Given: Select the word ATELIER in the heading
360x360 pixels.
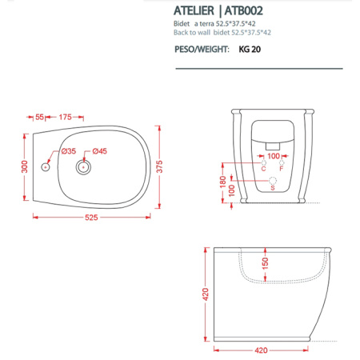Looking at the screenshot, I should [197, 13].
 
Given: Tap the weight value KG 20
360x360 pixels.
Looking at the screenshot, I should [249, 50].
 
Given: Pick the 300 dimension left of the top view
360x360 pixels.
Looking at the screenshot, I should [24, 166].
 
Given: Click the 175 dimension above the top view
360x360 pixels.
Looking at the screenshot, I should [66, 117].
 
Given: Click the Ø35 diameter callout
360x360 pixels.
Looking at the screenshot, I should [68, 151].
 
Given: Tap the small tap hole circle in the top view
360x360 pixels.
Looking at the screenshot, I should [46, 168].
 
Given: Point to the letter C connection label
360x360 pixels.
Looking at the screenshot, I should [263, 168].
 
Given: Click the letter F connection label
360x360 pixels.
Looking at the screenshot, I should [282, 168].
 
